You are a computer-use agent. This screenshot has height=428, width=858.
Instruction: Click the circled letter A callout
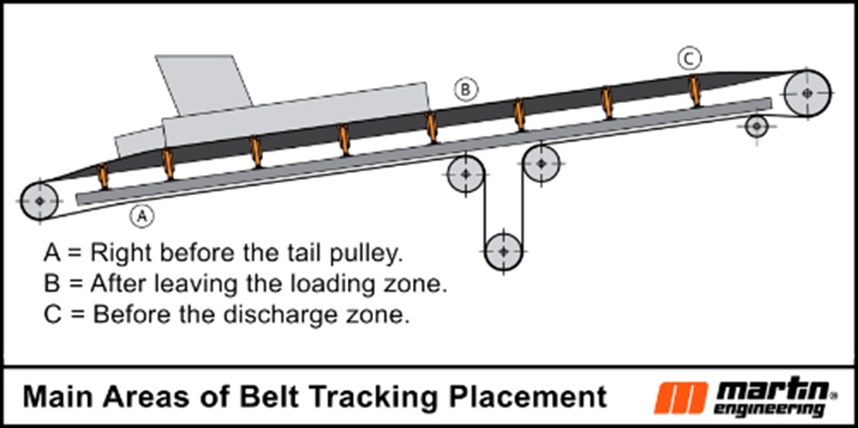pos(141,216)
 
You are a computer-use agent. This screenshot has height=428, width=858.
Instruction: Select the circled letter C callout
pos(690,59)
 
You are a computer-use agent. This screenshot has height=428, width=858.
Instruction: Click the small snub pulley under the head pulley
pos(756,126)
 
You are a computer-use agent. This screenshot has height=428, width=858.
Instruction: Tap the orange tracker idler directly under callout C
pos(695,91)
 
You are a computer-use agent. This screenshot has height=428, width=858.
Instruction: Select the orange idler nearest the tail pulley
pos(103,173)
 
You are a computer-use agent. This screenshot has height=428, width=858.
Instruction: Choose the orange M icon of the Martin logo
pos(677,397)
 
